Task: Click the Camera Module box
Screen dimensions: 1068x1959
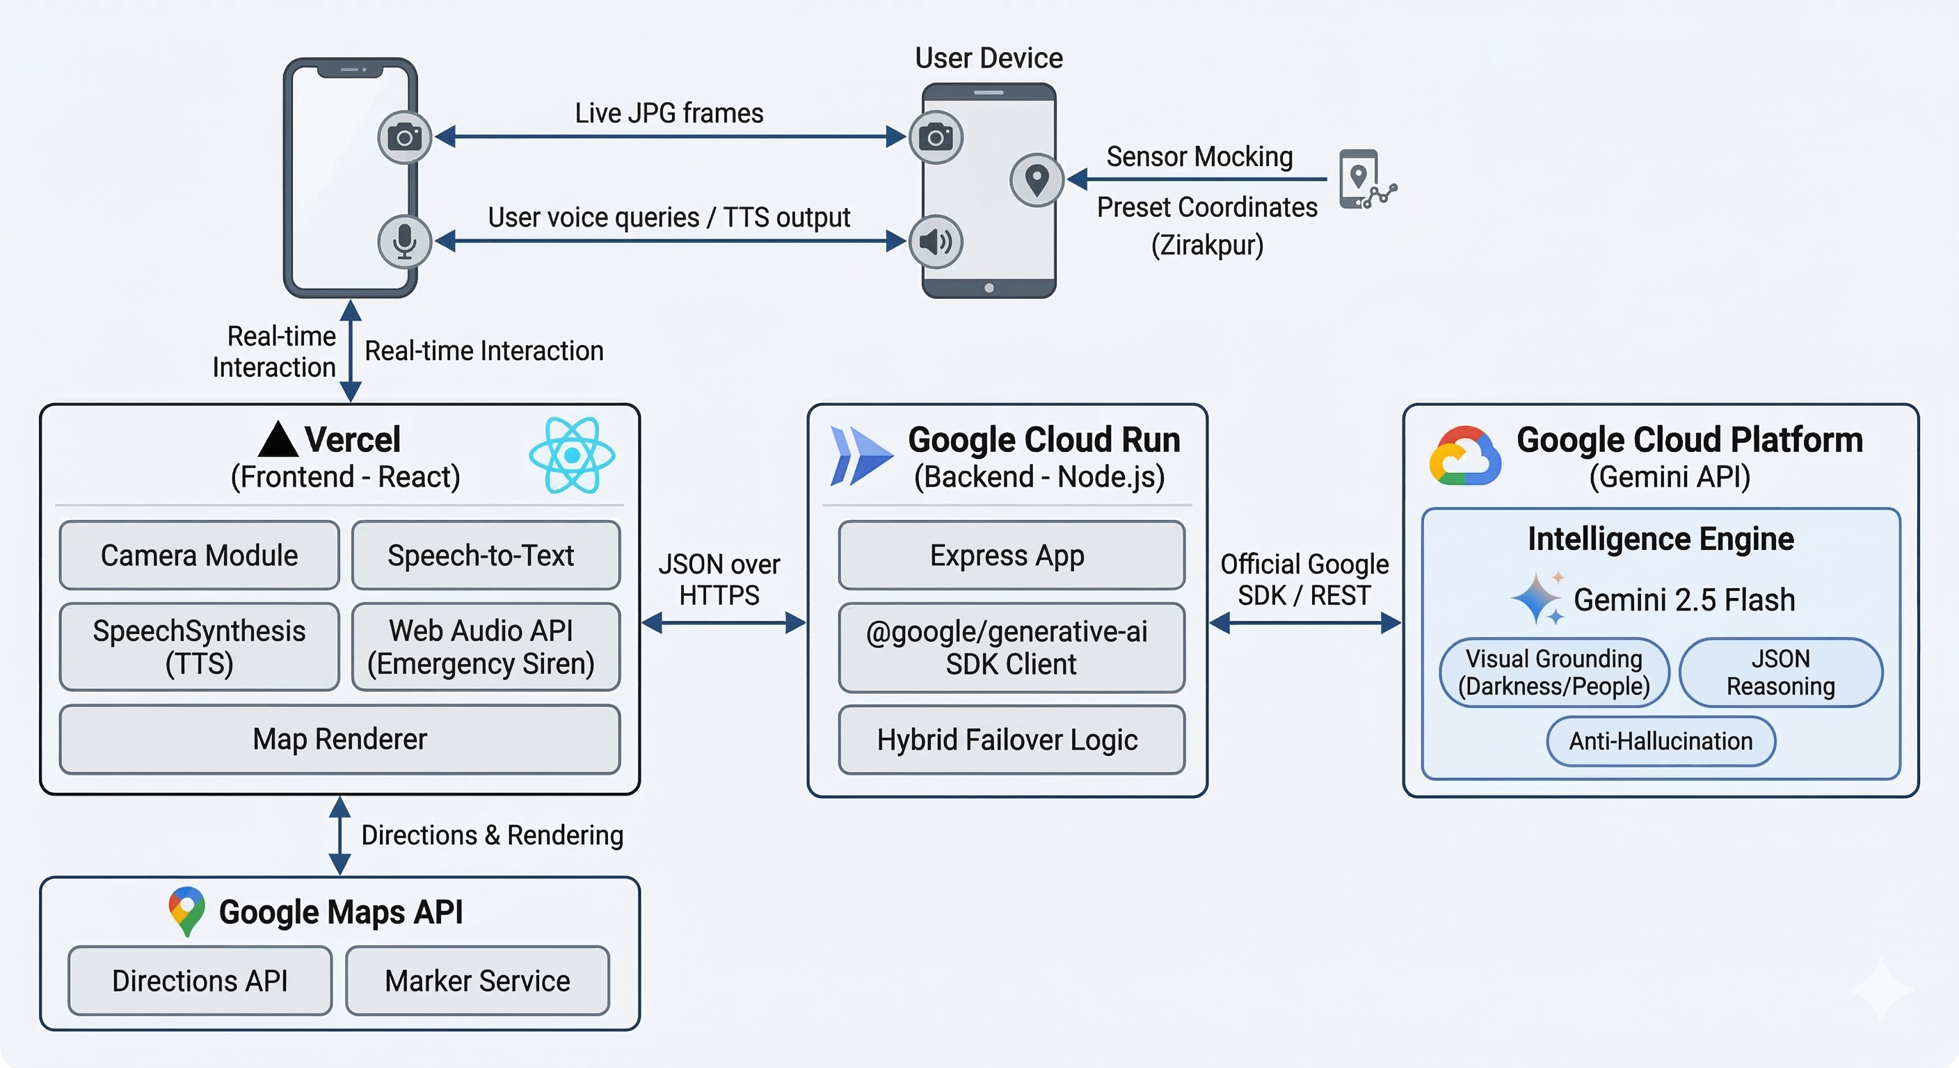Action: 199,555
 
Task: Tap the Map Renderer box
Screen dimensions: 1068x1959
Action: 340,739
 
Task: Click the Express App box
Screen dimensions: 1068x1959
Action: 1011,555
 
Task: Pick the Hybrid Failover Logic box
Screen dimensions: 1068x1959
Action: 1011,740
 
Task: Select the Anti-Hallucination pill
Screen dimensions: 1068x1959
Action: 1661,741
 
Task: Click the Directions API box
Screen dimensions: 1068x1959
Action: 200,980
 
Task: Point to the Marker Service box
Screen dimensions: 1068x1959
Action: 478,980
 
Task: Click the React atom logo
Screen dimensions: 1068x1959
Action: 572,455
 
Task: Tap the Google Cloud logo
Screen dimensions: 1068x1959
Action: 1464,456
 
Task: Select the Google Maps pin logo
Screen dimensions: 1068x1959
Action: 186,911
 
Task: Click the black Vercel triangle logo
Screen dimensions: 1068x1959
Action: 278,440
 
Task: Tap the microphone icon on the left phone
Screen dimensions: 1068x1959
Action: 405,242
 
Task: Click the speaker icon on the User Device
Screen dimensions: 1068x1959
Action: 936,242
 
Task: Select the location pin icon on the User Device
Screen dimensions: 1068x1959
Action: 1037,179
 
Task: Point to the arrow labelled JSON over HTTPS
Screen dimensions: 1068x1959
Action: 723,623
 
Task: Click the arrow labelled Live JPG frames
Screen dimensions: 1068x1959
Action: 669,137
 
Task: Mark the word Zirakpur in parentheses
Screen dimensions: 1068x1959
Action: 1207,245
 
